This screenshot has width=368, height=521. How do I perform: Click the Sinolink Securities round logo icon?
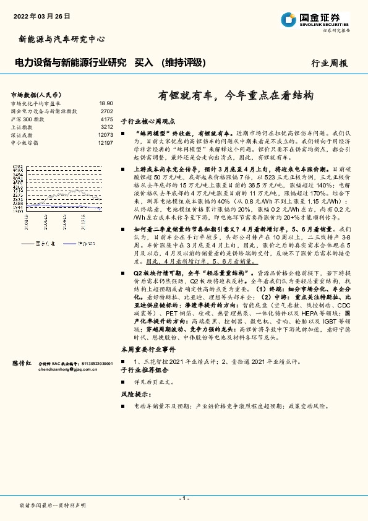point(288,19)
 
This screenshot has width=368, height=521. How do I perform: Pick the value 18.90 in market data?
point(106,103)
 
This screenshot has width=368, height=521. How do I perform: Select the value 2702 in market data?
point(107,111)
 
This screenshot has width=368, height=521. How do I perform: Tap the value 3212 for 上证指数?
point(107,127)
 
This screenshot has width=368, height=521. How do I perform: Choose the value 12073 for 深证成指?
point(105,135)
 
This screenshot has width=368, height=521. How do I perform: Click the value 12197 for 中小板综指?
point(105,143)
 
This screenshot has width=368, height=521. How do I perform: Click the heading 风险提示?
point(134,394)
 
